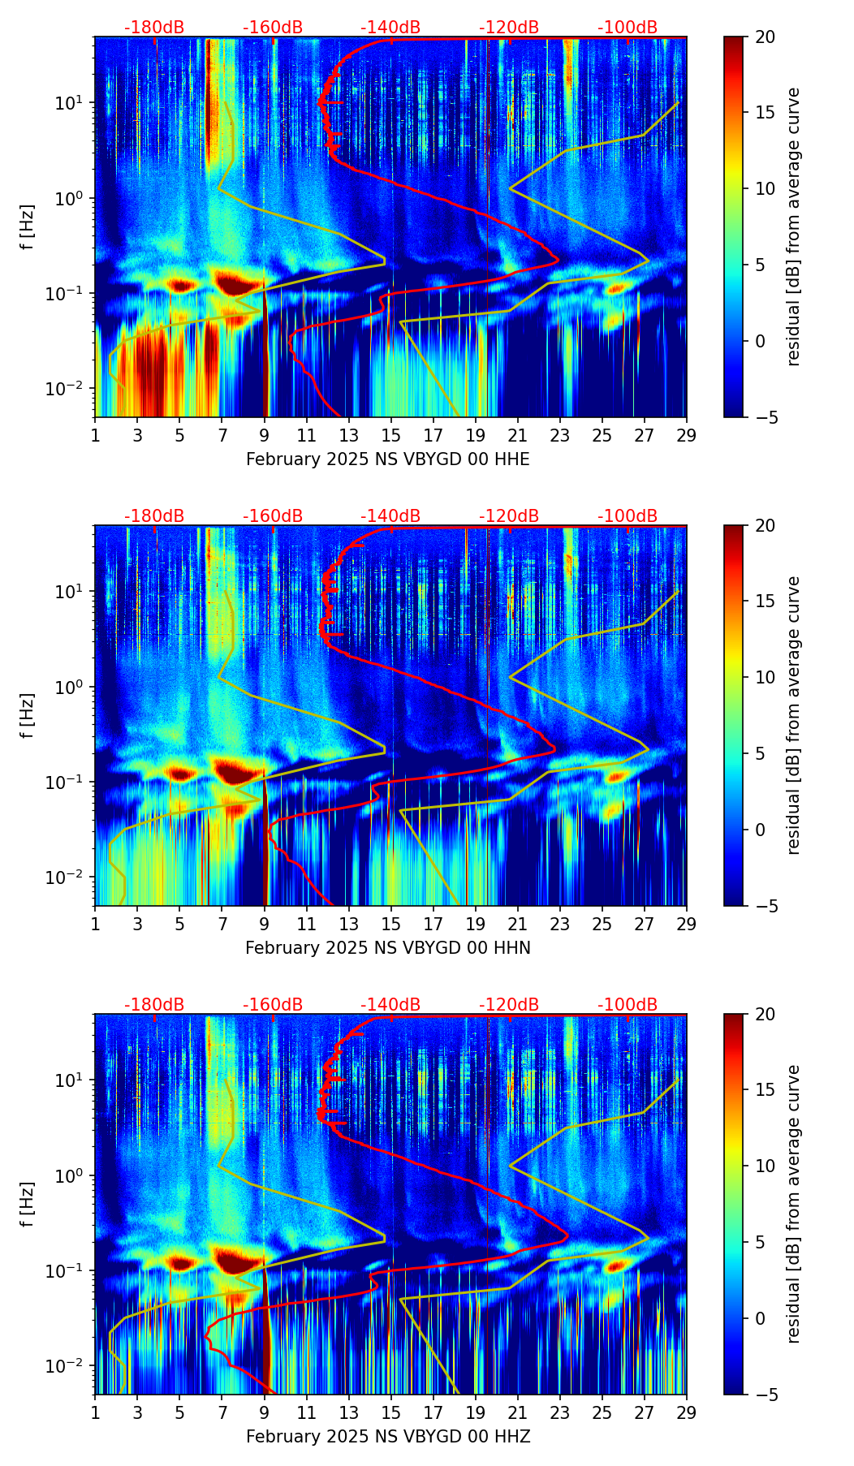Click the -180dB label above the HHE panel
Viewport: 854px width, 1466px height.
pos(154,28)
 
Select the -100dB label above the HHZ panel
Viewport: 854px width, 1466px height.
pos(628,1005)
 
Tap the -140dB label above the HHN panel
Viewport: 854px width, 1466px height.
pos(390,516)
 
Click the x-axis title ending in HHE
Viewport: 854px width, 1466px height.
pos(387,459)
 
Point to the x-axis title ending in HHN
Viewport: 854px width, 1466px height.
pos(387,948)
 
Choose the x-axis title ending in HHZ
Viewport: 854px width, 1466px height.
pos(387,1437)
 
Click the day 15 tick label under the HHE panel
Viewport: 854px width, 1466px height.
pos(391,434)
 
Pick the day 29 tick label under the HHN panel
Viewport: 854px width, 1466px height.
pos(687,923)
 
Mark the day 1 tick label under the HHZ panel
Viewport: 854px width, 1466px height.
pos(96,1412)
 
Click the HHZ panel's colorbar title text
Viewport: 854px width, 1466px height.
pos(793,1204)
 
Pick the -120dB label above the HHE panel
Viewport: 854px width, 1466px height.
pos(509,28)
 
